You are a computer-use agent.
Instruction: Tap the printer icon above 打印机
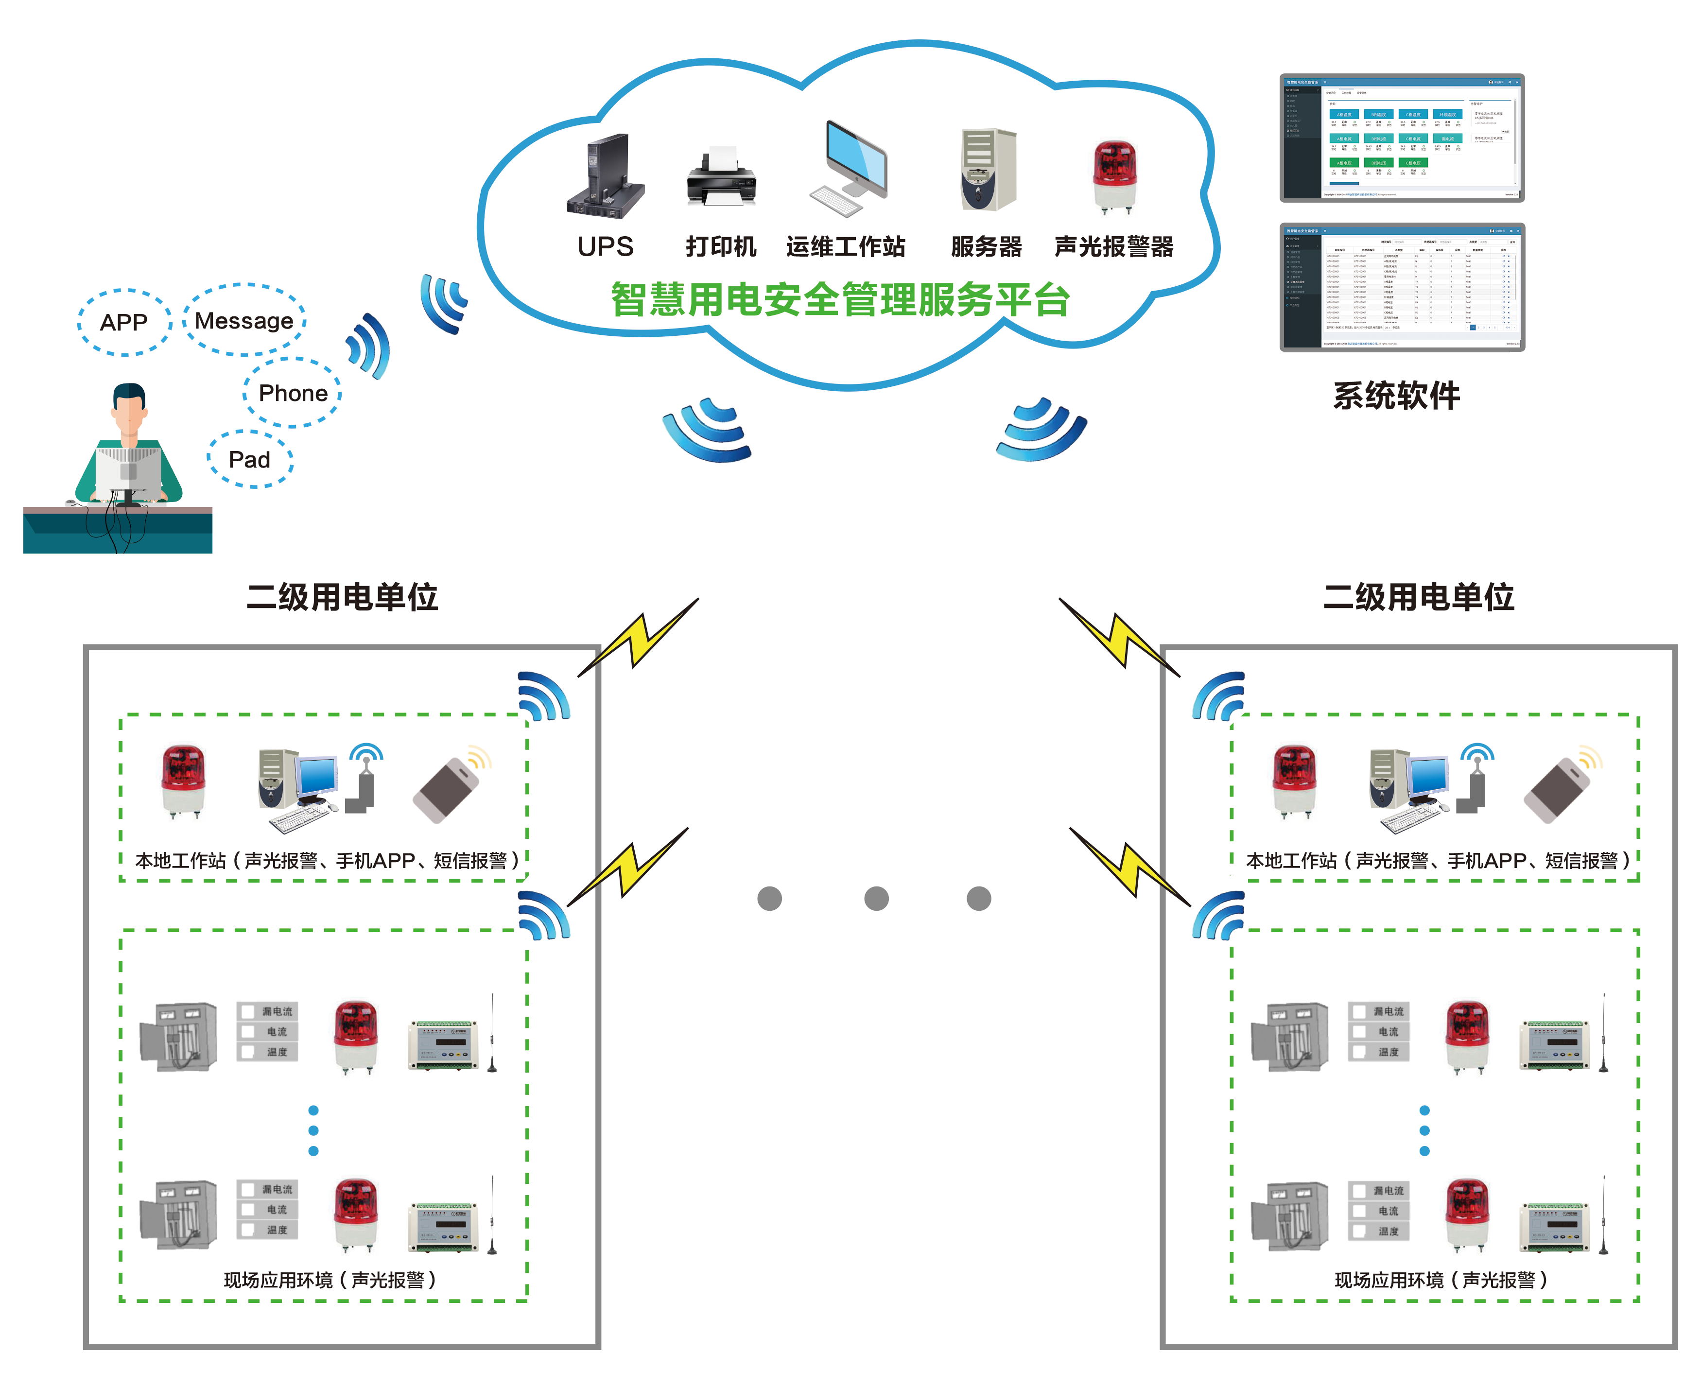(x=721, y=177)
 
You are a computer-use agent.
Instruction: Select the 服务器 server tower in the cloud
(x=988, y=170)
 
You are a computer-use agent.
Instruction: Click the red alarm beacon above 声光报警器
(x=1114, y=176)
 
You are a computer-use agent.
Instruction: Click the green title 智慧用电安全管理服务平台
(x=840, y=300)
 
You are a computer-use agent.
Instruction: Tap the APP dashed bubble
(x=124, y=322)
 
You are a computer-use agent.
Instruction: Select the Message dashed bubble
(x=244, y=320)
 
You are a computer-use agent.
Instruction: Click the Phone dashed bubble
(x=293, y=393)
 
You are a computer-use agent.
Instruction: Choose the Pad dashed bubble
(x=250, y=459)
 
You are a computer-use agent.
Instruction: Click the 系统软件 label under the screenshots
(x=1396, y=395)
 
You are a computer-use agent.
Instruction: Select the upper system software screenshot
(x=1402, y=138)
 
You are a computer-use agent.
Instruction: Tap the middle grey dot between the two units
(x=876, y=898)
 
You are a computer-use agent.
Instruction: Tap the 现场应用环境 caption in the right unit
(x=1440, y=1279)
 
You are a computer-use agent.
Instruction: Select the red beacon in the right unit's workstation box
(x=1294, y=780)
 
